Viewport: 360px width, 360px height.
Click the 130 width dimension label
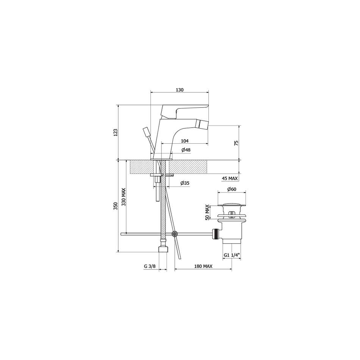(180, 90)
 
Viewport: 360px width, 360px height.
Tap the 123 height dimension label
(116, 133)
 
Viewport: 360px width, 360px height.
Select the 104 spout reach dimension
(185, 141)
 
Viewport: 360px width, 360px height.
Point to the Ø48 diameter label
(186, 150)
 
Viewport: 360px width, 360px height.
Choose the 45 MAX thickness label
(230, 178)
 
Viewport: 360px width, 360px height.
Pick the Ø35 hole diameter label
(185, 183)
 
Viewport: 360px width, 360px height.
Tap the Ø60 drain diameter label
(232, 189)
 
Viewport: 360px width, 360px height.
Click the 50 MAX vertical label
(208, 212)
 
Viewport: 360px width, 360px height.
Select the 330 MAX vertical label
(124, 197)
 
